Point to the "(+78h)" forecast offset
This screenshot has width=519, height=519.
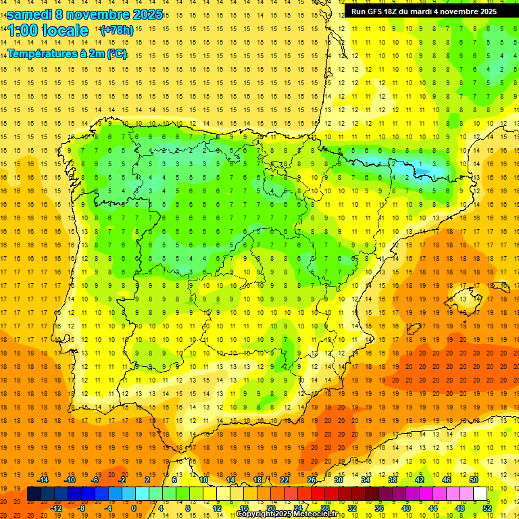(x=116, y=30)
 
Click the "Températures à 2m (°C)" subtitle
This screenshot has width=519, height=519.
(x=67, y=53)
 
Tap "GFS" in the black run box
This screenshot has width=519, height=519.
(x=377, y=11)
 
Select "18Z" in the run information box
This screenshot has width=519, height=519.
(x=395, y=11)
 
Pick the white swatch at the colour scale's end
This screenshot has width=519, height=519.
(x=480, y=494)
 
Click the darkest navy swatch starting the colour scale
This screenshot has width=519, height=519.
(x=34, y=494)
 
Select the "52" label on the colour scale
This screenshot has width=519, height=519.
(x=487, y=508)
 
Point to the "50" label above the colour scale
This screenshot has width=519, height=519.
(x=474, y=480)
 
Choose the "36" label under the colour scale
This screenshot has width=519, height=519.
(x=379, y=508)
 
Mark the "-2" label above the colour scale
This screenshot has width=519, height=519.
(x=122, y=480)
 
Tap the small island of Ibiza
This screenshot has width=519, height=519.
(x=412, y=329)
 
